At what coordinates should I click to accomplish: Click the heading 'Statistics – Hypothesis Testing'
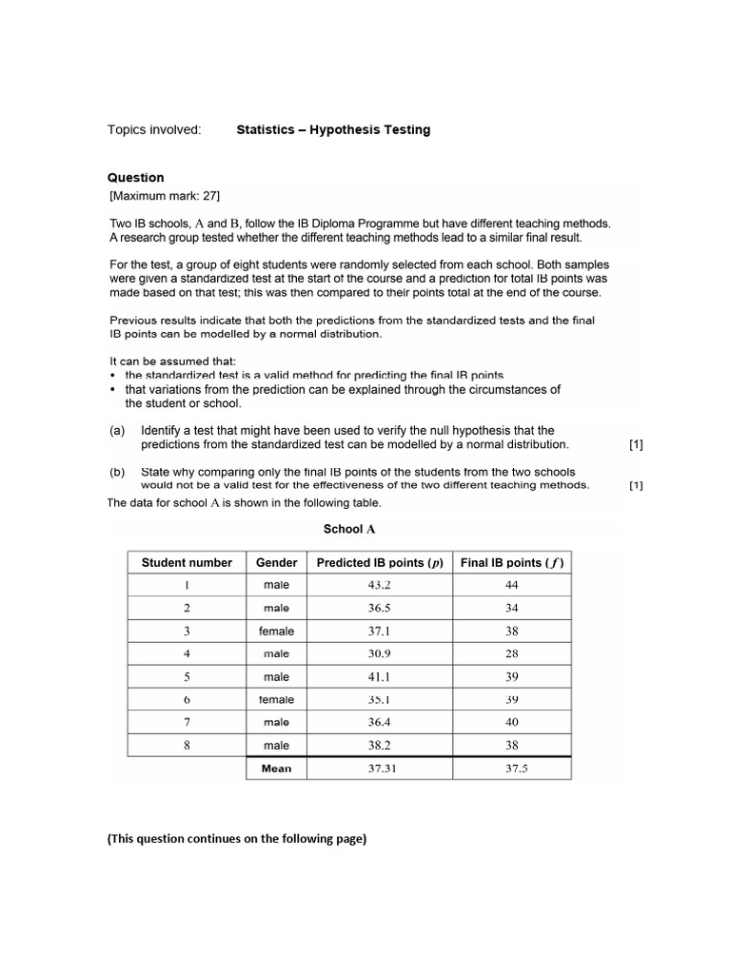(333, 129)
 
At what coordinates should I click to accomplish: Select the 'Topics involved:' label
(154, 129)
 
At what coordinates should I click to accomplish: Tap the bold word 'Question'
(135, 178)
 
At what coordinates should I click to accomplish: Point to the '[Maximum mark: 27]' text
(165, 196)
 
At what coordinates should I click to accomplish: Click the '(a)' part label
(117, 430)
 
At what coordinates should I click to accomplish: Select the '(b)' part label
(117, 472)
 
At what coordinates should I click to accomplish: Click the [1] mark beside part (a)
(636, 444)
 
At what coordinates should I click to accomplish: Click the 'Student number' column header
(187, 562)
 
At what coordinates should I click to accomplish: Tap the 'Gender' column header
(276, 562)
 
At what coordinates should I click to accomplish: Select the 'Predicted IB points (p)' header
(380, 562)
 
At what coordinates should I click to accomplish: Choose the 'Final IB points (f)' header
(512, 562)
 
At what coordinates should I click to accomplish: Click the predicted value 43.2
(380, 585)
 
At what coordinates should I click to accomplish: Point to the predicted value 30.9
(380, 653)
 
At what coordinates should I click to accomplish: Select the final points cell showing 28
(512, 653)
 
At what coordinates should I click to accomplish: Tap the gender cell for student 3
(276, 631)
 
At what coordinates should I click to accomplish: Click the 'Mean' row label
(276, 769)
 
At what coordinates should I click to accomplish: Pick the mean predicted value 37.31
(380, 769)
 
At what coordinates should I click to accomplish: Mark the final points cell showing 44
(512, 585)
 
